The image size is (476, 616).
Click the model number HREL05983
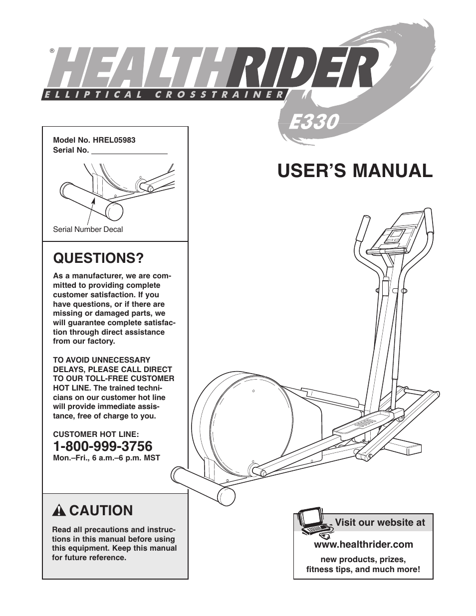coord(112,140)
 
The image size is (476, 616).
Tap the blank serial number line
coord(130,153)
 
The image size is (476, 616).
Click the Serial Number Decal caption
coord(88,229)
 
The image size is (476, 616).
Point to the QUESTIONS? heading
coord(99,258)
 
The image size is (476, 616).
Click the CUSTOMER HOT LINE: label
coord(96,434)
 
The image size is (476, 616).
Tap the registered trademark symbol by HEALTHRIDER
coord(52,51)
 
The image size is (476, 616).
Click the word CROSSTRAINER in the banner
coord(219,95)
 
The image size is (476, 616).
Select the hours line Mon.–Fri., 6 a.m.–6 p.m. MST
coord(107,458)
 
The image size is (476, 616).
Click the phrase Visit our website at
coord(380,522)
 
